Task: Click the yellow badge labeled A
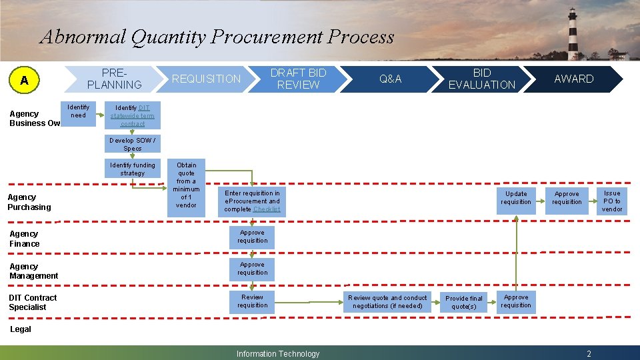tap(25, 80)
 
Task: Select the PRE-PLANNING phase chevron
tap(114, 79)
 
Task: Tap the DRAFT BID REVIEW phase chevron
tap(297, 79)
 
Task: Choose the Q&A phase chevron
tap(390, 79)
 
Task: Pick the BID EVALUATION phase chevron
tap(481, 79)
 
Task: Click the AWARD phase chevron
tap(573, 79)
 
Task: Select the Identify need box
tap(78, 111)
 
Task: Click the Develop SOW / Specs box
tap(132, 144)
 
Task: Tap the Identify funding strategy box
tap(132, 169)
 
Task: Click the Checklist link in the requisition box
tap(267, 209)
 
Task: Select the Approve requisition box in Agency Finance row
tap(252, 237)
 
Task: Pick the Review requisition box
tap(252, 301)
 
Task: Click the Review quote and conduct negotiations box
tap(387, 302)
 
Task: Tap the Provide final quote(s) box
tap(464, 303)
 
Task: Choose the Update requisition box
tap(516, 198)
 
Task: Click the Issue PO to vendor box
tap(611, 201)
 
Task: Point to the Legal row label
tap(20, 329)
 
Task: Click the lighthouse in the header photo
tap(572, 33)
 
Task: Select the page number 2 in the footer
tap(589, 354)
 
